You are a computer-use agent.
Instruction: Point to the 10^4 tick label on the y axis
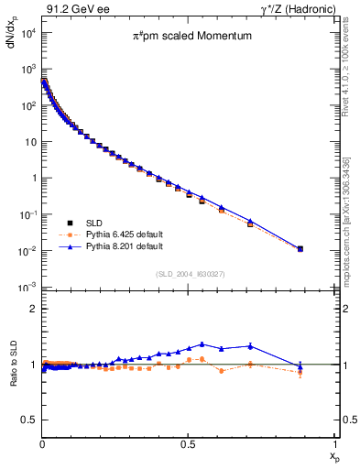pyautogui.click(x=26, y=33)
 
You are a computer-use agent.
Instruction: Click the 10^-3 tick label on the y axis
pyautogui.click(x=26, y=288)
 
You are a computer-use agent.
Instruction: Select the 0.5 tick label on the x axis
pyautogui.click(x=188, y=443)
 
